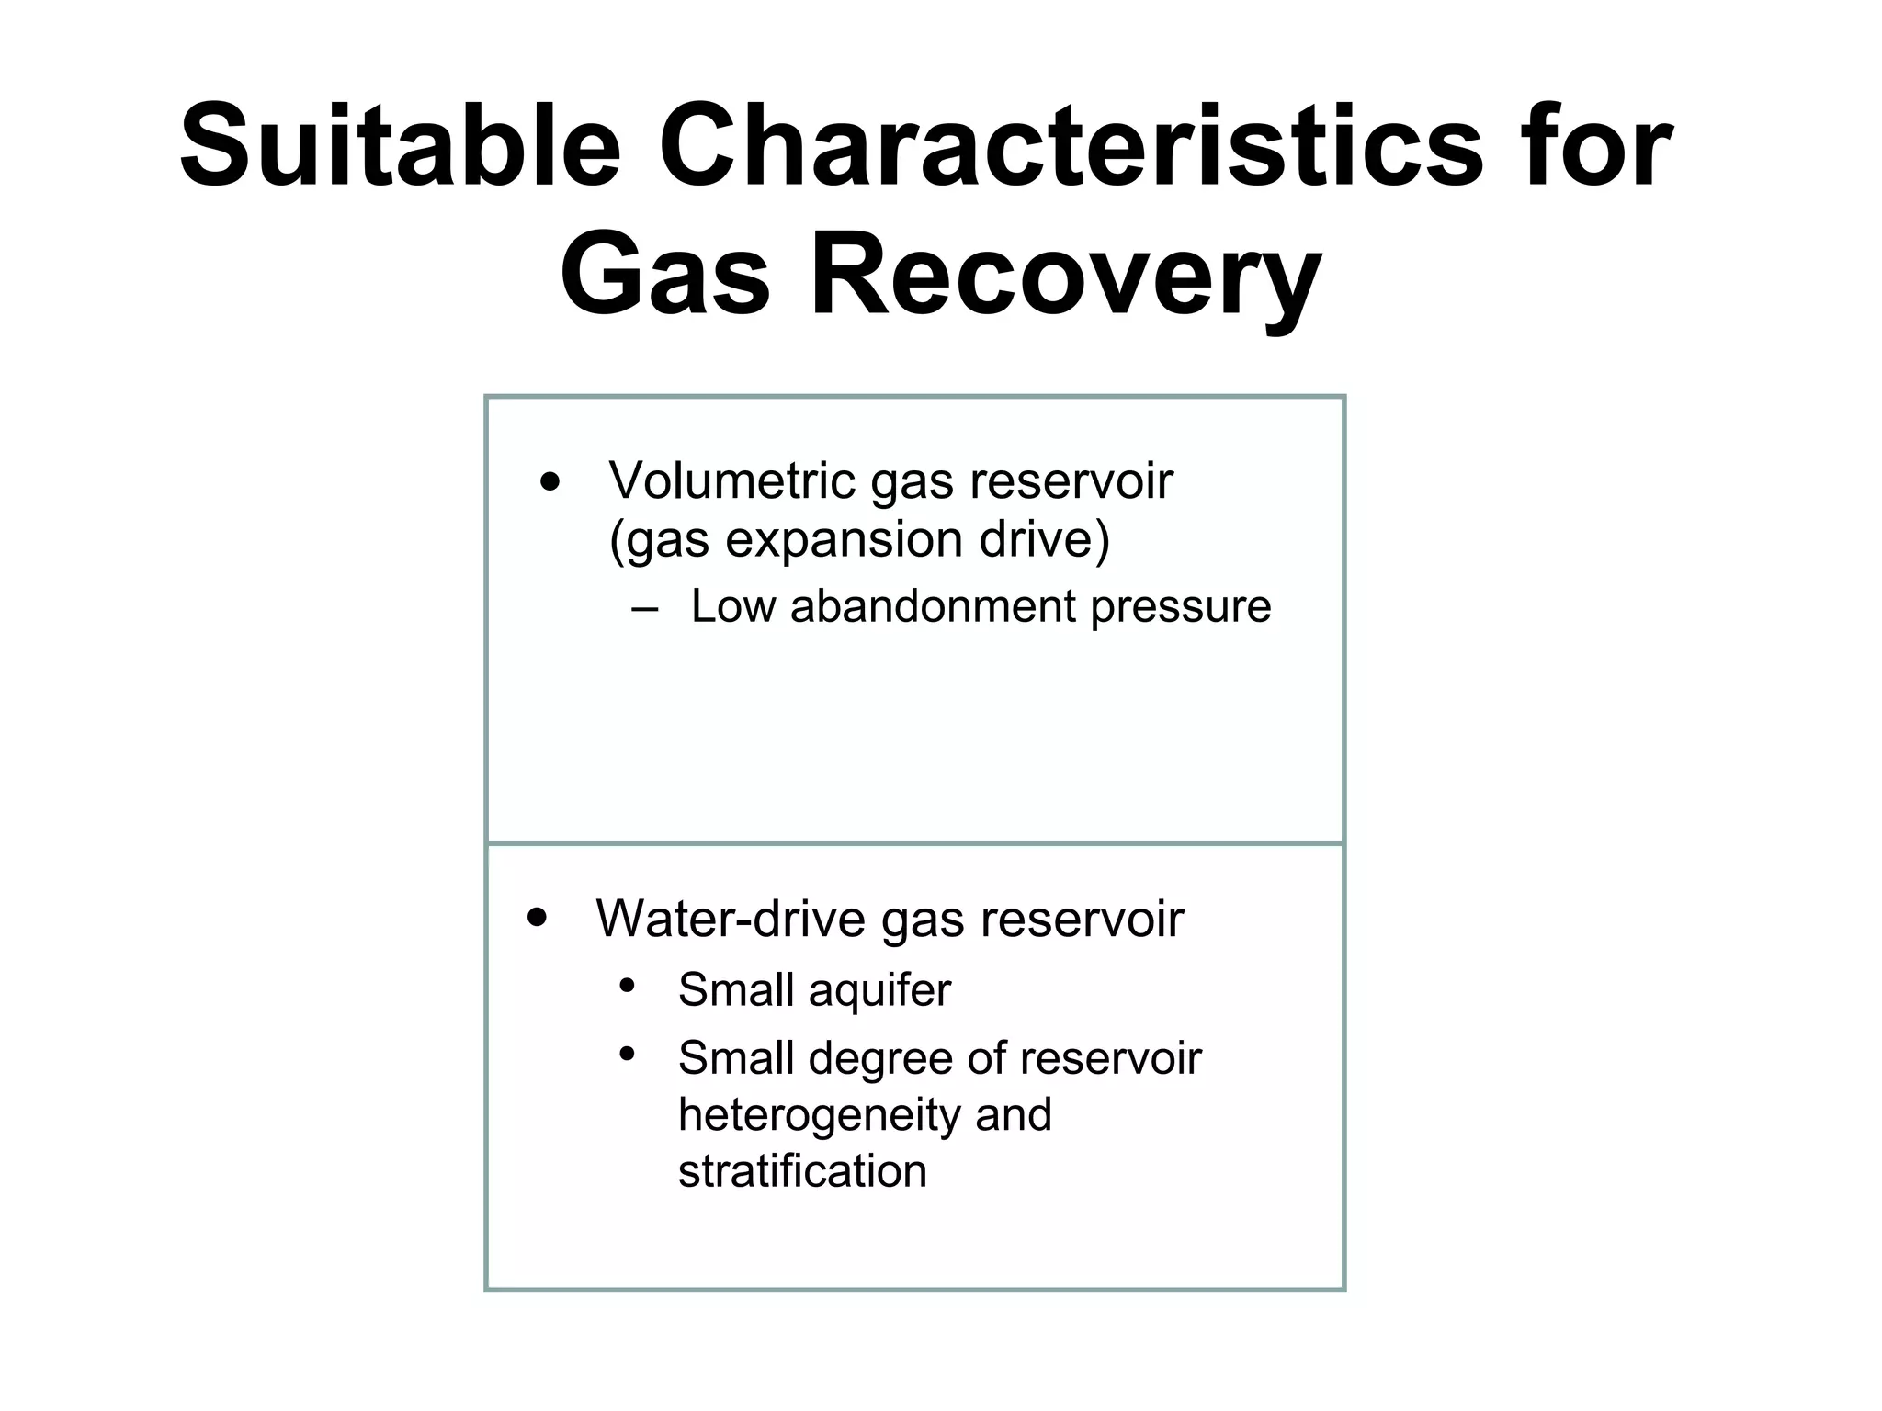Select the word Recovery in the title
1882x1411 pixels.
[1065, 275]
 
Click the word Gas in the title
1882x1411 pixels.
[665, 275]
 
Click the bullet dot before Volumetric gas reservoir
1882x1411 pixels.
[550, 482]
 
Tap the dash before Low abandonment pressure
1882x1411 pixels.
[645, 608]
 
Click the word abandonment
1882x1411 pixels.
[932, 606]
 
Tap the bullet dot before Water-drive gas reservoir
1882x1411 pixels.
[538, 917]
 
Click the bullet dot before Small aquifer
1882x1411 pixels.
[628, 986]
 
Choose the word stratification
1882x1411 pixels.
[802, 1171]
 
